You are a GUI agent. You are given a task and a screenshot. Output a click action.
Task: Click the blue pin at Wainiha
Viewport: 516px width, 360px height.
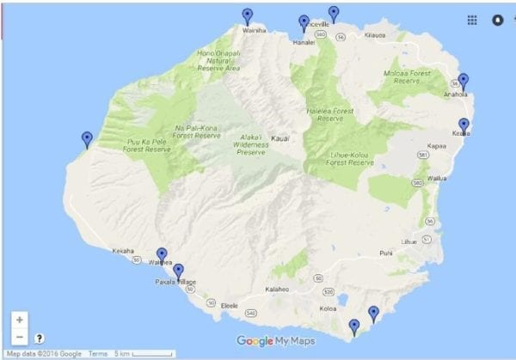pyautogui.click(x=248, y=15)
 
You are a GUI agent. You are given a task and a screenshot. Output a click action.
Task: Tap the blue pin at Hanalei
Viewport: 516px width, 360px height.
pyautogui.click(x=304, y=23)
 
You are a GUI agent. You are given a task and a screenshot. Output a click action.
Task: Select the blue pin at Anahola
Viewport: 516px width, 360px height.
pyautogui.click(x=464, y=82)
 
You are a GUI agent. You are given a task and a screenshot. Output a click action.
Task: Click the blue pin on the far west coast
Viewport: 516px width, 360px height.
pyautogui.click(x=86, y=138)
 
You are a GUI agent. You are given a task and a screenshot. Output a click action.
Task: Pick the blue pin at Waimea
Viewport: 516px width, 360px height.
pyautogui.click(x=162, y=255)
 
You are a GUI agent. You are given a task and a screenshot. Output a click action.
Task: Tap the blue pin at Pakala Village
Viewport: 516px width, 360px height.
pyautogui.click(x=178, y=272)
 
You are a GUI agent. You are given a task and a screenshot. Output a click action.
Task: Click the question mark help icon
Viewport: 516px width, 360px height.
pyautogui.click(x=40, y=339)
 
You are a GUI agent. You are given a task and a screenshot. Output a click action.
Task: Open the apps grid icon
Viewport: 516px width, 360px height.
pyautogui.click(x=472, y=20)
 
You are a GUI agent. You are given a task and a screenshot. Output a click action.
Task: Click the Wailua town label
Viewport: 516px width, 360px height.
pyautogui.click(x=438, y=179)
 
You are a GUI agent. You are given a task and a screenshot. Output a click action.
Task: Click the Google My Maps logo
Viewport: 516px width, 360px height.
pyautogui.click(x=275, y=341)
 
